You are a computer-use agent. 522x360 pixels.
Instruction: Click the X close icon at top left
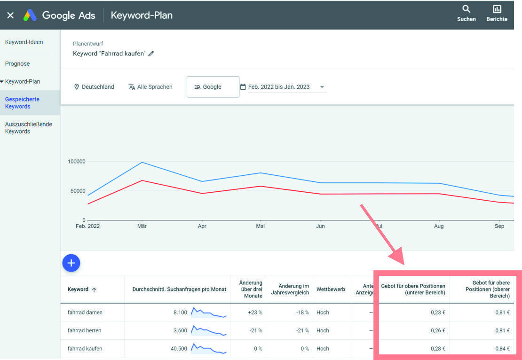pyautogui.click(x=10, y=15)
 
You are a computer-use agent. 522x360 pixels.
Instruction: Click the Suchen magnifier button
pyautogui.click(x=466, y=13)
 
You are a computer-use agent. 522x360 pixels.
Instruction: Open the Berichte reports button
pyautogui.click(x=497, y=13)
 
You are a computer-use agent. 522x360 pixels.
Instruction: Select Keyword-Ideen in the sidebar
pyautogui.click(x=24, y=42)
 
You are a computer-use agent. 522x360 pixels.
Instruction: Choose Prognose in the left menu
pyautogui.click(x=17, y=63)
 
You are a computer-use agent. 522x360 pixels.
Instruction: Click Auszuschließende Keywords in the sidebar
pyautogui.click(x=28, y=128)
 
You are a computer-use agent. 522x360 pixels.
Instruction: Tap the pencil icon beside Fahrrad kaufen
pyautogui.click(x=151, y=54)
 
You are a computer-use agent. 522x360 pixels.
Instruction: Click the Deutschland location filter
pyautogui.click(x=94, y=87)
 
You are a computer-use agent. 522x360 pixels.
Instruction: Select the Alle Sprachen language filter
pyautogui.click(x=150, y=87)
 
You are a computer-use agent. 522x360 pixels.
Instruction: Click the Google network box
pyautogui.click(x=213, y=87)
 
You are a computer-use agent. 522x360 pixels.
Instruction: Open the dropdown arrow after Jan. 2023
pyautogui.click(x=322, y=87)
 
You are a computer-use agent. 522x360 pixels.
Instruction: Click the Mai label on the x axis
pyautogui.click(x=260, y=226)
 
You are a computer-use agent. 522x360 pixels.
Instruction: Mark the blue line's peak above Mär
pyautogui.click(x=142, y=163)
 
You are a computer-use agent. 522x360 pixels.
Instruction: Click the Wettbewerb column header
pyautogui.click(x=331, y=289)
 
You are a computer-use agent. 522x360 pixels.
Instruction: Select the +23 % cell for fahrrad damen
pyautogui.click(x=255, y=313)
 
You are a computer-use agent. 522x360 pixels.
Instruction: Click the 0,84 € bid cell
pyautogui.click(x=502, y=349)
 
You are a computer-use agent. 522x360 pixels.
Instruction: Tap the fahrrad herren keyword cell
pyautogui.click(x=85, y=330)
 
